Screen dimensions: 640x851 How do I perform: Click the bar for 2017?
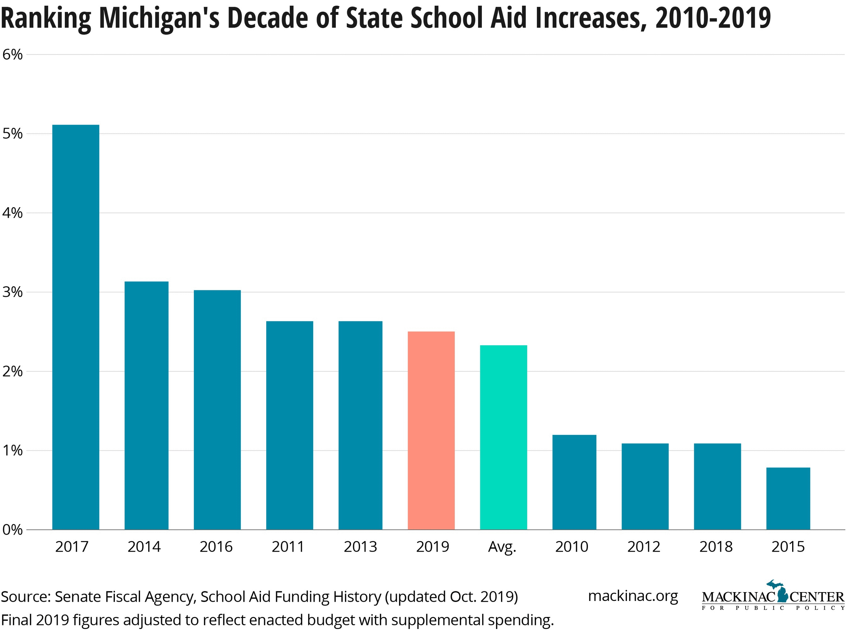point(76,327)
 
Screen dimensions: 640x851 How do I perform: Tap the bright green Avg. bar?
point(503,437)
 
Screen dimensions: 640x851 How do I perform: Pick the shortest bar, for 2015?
point(788,498)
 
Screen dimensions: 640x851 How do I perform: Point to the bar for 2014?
point(146,405)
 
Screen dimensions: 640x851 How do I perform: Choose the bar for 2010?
point(574,482)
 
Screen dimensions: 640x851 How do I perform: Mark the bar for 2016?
point(217,410)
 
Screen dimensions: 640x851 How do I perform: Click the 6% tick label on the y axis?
point(12,55)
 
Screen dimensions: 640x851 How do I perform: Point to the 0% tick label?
point(12,530)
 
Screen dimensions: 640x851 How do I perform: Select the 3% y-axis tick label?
point(12,292)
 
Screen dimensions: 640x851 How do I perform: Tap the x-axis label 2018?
point(716,547)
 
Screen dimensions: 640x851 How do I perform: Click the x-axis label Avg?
point(502,547)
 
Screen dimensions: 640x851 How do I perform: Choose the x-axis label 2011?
point(288,547)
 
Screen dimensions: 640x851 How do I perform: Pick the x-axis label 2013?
point(361,547)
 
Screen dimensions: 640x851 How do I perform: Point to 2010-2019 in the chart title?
point(713,18)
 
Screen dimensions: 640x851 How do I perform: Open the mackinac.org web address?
point(633,596)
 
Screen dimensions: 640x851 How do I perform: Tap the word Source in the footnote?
point(26,597)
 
